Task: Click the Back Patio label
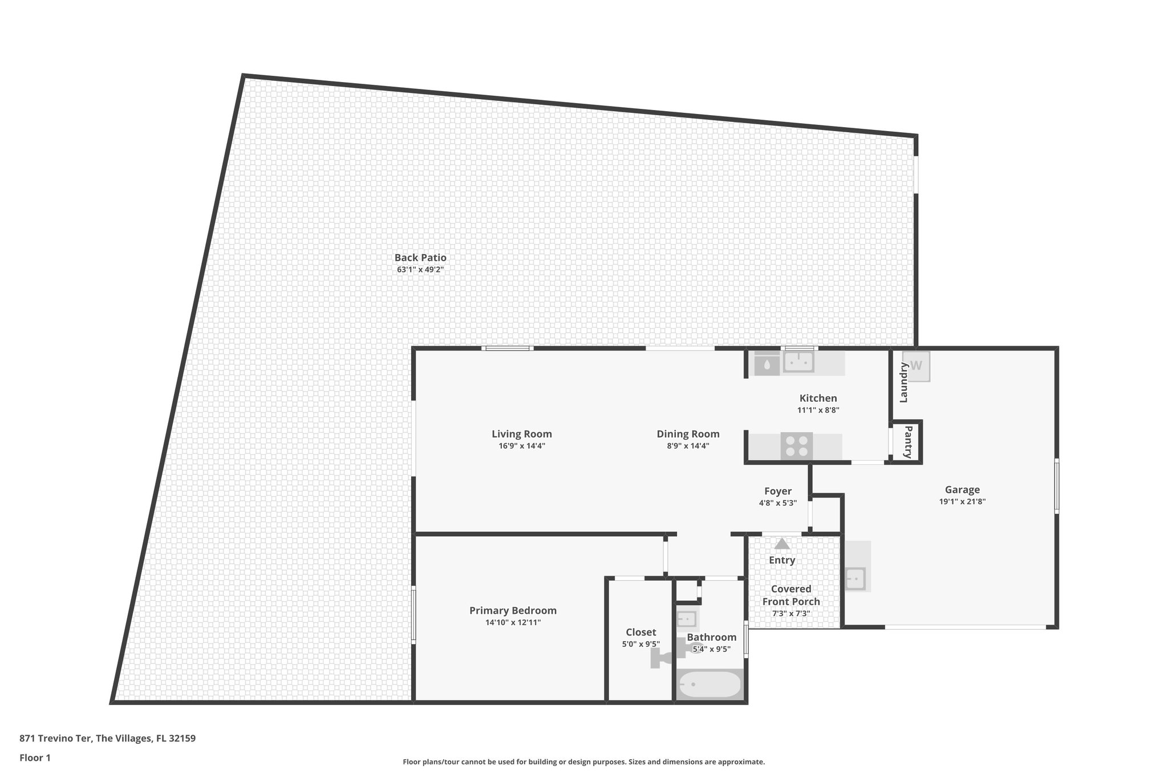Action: click(x=420, y=258)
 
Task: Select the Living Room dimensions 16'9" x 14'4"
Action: click(x=522, y=446)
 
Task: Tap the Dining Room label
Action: click(x=688, y=434)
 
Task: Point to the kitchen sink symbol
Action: click(x=798, y=361)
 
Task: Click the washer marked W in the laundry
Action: click(x=916, y=366)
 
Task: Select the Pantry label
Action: click(x=908, y=442)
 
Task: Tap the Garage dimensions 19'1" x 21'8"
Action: click(x=962, y=502)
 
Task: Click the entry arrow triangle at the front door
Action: click(x=781, y=544)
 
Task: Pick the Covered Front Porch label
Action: click(x=791, y=595)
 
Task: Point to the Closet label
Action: click(x=640, y=632)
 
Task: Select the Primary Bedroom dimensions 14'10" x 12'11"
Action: click(x=513, y=622)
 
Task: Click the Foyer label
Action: click(x=778, y=491)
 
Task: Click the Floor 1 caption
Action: click(x=35, y=757)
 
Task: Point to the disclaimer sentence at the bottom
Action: click(x=583, y=761)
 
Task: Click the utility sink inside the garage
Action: click(x=855, y=579)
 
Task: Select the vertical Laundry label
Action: click(x=903, y=382)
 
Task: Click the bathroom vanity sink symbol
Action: click(x=687, y=618)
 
